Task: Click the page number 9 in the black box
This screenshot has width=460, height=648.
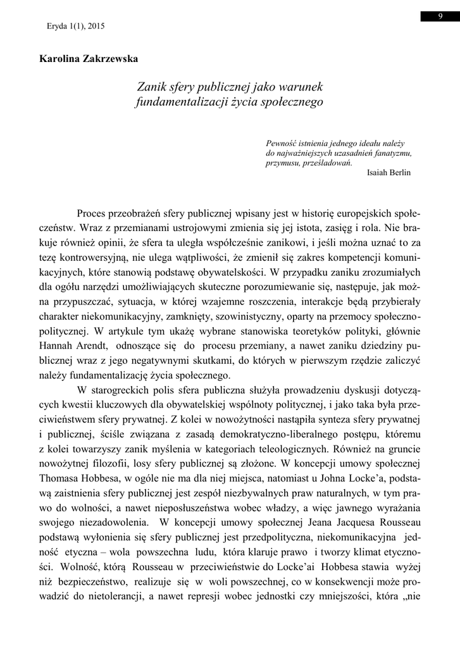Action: (x=440, y=16)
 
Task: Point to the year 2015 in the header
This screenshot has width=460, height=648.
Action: (x=95, y=27)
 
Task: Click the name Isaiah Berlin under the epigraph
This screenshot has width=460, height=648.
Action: (x=388, y=172)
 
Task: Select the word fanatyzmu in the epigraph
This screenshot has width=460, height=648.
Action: (x=392, y=153)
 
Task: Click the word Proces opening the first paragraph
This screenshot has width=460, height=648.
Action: (x=94, y=212)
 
